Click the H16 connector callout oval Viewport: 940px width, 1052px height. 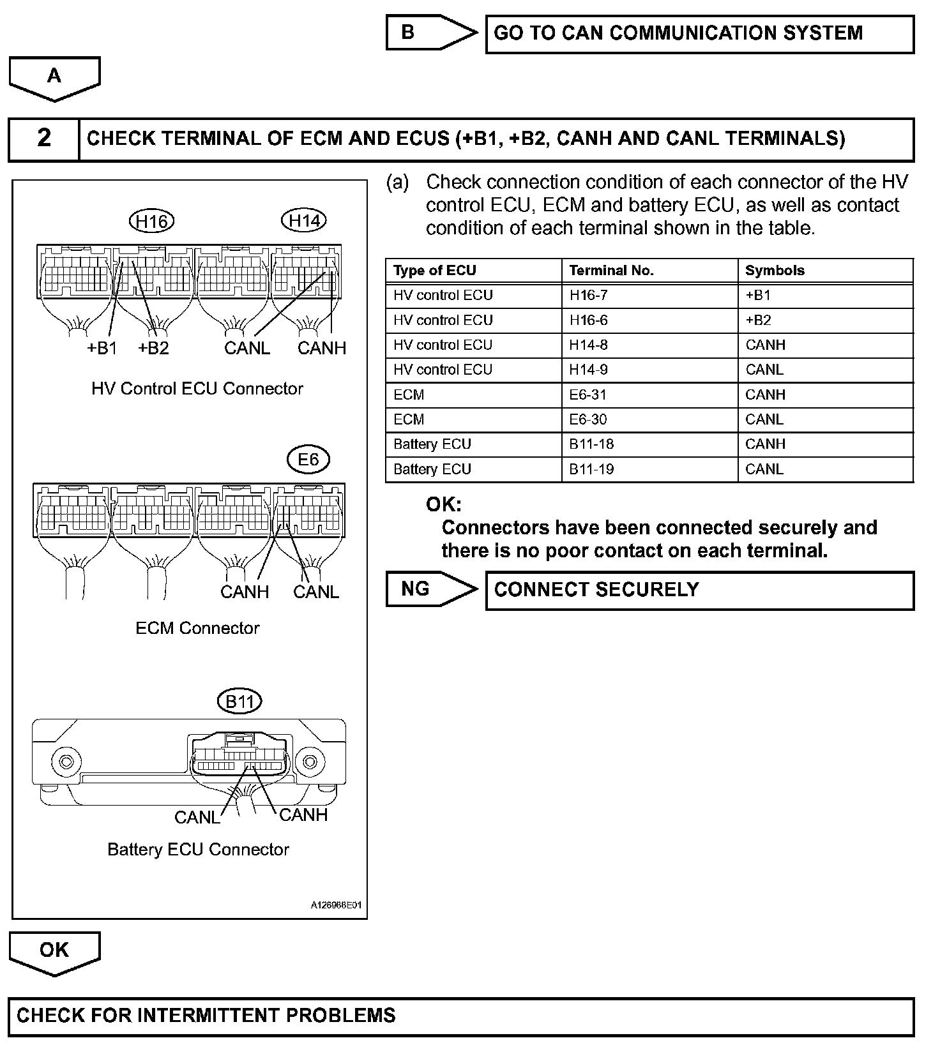tap(151, 222)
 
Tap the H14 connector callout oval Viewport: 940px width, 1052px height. tap(304, 221)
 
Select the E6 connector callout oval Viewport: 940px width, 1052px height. tap(308, 460)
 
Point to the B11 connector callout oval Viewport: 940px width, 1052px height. tap(239, 702)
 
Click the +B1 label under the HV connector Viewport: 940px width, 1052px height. tap(102, 349)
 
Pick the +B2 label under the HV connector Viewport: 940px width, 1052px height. tap(153, 349)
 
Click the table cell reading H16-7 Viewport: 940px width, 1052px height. tap(589, 296)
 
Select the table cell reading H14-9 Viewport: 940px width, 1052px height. tap(589, 370)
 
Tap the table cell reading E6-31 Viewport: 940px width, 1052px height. tap(588, 395)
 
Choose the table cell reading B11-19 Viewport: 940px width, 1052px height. tap(591, 469)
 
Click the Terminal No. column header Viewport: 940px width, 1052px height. tap(611, 271)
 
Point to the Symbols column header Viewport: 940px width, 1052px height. tap(775, 271)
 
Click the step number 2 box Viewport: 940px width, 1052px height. tap(43, 139)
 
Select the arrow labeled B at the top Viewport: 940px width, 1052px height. tap(430, 33)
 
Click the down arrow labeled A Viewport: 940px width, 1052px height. tap(54, 78)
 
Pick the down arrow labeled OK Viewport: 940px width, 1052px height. tap(54, 952)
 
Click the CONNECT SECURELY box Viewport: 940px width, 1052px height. tap(699, 590)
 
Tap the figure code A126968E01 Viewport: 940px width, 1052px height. tap(337, 905)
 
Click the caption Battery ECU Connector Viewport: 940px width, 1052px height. tap(198, 850)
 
